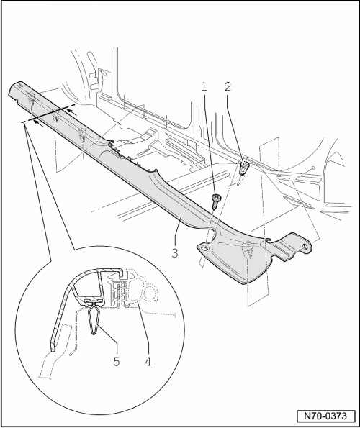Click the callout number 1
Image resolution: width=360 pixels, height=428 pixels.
coord(204,87)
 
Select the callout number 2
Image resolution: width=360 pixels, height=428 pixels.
coord(228,86)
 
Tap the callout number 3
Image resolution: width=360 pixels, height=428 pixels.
coord(175,252)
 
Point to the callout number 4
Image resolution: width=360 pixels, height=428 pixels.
coord(148,362)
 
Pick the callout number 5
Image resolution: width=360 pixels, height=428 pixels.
coord(117,362)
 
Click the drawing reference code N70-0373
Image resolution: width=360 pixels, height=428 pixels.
coord(325,416)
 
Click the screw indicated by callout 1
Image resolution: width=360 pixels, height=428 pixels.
coord(216,201)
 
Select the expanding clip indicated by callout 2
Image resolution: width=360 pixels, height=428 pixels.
coord(244,168)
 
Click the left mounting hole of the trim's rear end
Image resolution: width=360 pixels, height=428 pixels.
coord(204,248)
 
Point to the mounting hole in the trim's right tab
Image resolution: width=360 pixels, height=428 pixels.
coord(306,247)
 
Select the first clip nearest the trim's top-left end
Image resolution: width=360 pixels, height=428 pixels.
coord(32,101)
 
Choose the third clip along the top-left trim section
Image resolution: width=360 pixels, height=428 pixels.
coord(82,135)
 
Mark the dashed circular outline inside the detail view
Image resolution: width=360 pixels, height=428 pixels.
coord(150,293)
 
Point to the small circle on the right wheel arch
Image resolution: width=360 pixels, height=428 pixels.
coord(313,168)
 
